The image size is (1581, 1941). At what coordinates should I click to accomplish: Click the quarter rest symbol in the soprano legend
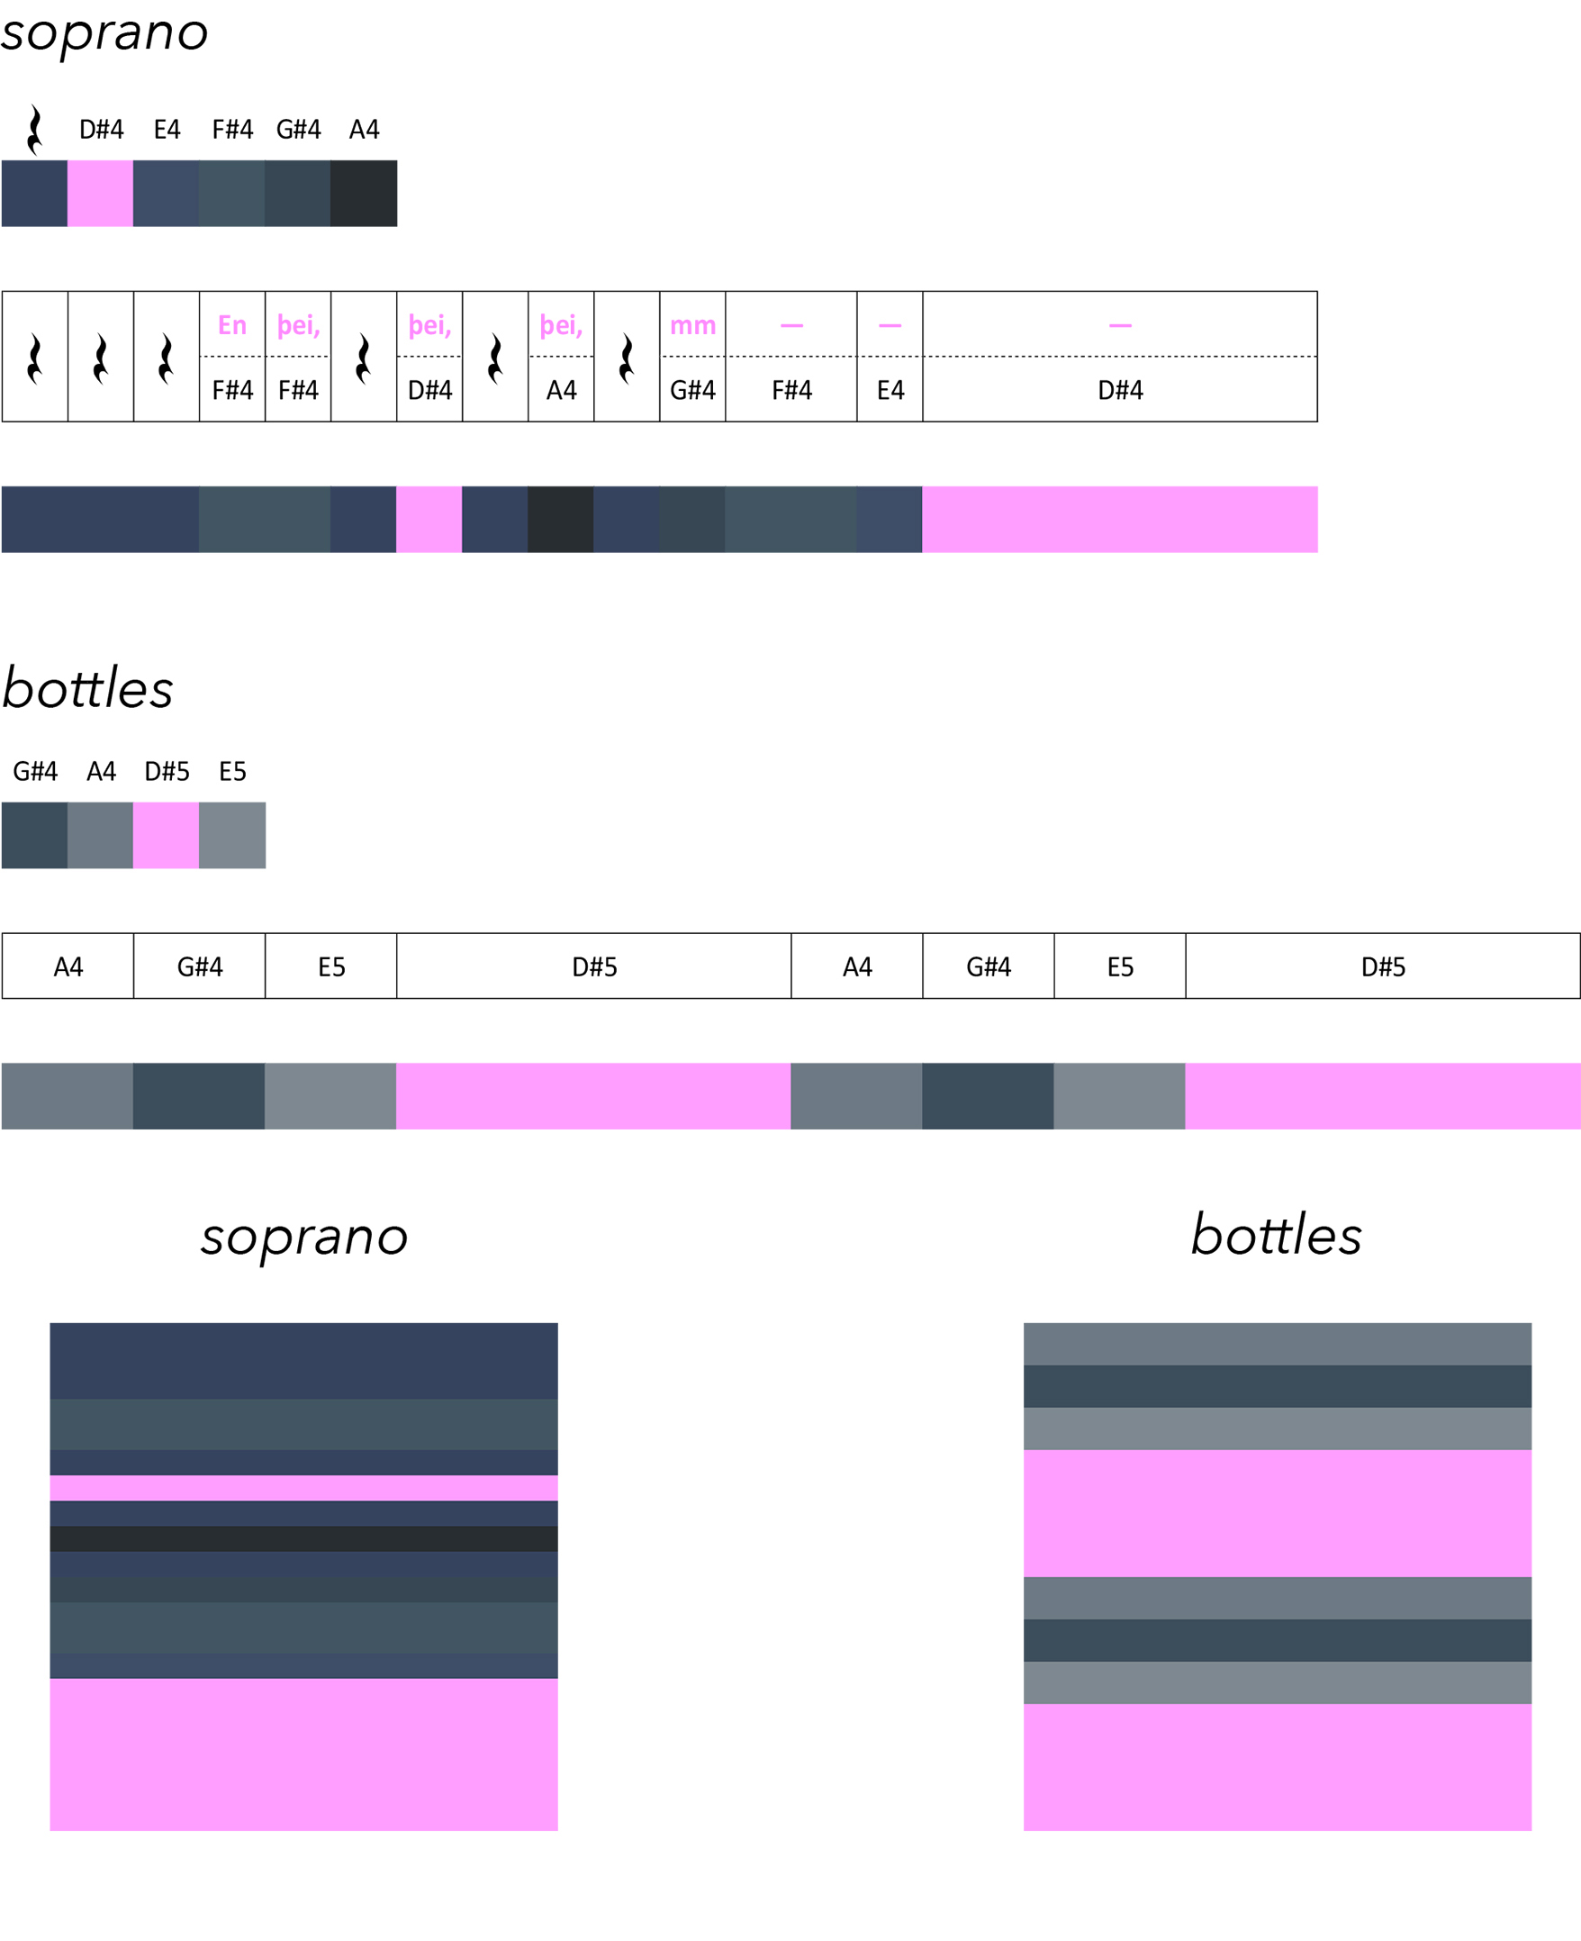coord(34,130)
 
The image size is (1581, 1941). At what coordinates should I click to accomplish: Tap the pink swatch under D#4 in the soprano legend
coord(100,193)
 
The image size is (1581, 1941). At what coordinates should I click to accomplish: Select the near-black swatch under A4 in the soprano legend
coord(364,193)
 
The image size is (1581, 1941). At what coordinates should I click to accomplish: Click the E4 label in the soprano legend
coord(167,130)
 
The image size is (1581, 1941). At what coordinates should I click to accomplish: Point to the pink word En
coord(232,325)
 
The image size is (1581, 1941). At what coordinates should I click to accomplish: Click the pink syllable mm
coord(692,325)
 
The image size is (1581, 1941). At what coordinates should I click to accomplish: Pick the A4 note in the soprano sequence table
coord(561,390)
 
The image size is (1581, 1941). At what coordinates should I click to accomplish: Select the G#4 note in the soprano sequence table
coord(692,390)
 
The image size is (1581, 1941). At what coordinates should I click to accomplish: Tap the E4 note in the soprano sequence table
coord(890,390)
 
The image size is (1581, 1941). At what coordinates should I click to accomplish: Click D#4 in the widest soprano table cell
coord(1119,390)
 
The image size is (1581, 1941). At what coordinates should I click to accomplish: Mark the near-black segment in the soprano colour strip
coord(560,519)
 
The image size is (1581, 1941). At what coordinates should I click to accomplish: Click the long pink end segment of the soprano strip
coord(1119,519)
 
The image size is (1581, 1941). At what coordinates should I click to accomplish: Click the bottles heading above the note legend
coord(88,689)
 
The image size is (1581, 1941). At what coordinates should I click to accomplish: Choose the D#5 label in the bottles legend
coord(167,772)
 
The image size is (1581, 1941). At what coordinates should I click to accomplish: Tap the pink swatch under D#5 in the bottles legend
coord(166,835)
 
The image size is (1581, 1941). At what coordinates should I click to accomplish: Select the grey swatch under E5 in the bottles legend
coord(232,835)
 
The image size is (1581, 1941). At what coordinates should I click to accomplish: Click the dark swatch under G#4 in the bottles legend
coord(34,835)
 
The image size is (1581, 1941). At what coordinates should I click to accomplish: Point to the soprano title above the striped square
coord(304,1237)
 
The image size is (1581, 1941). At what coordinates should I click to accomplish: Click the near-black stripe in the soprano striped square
coord(303,1538)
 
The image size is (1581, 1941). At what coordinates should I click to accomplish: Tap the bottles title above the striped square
coord(1276,1236)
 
